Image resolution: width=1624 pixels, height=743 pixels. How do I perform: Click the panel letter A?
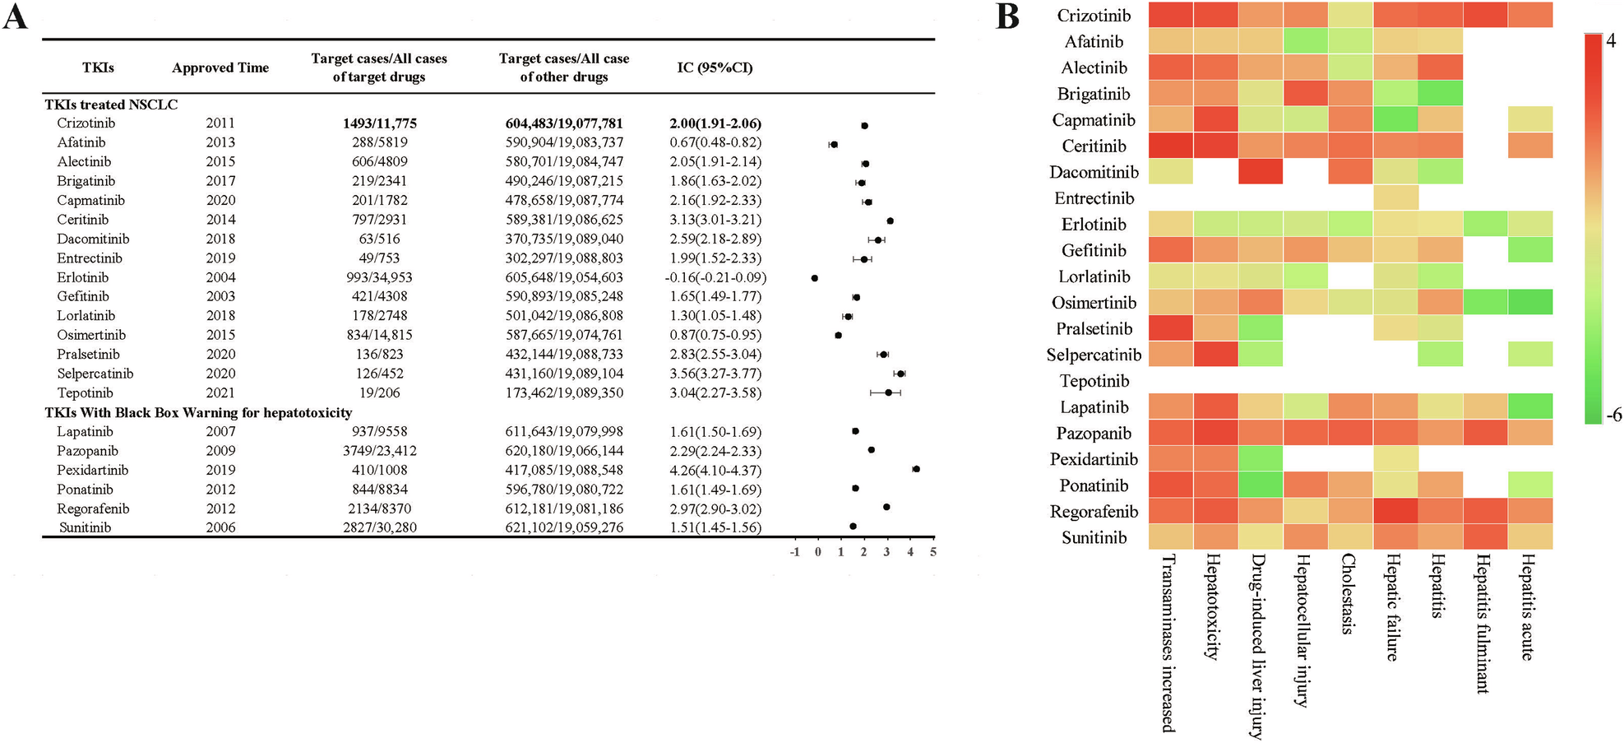(x=15, y=16)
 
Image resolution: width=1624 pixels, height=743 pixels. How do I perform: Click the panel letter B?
(x=1007, y=16)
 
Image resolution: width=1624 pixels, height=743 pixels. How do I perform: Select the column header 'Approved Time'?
(x=220, y=67)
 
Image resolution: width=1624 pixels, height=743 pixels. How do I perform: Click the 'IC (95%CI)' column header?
(x=715, y=67)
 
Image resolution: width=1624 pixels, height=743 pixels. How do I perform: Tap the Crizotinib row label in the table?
(x=86, y=123)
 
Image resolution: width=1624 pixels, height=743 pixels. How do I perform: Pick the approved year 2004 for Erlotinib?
(x=220, y=277)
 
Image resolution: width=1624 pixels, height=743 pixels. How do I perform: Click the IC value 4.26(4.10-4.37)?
(x=715, y=471)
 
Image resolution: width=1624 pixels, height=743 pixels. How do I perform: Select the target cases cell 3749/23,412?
(x=379, y=451)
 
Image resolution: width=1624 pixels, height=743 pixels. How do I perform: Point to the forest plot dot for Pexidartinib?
(x=916, y=469)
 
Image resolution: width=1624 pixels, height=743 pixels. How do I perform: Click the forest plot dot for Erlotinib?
(x=814, y=278)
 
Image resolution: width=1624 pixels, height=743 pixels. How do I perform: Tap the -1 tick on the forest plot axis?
(x=794, y=552)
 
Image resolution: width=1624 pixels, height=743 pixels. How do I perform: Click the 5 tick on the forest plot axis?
(x=933, y=552)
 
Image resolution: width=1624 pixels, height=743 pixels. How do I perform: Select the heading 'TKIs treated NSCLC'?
(x=111, y=104)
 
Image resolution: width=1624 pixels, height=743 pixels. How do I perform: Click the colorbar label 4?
(x=1611, y=40)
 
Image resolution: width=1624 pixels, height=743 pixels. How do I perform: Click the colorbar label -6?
(x=1613, y=416)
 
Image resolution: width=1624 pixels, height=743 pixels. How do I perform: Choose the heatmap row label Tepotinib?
(x=1094, y=381)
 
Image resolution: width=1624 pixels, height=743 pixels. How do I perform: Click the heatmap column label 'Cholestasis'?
(x=1348, y=592)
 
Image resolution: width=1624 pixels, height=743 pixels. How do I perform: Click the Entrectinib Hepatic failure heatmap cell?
(x=1395, y=198)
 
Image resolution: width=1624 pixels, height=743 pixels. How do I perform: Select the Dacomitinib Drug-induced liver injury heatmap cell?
(x=1261, y=172)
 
